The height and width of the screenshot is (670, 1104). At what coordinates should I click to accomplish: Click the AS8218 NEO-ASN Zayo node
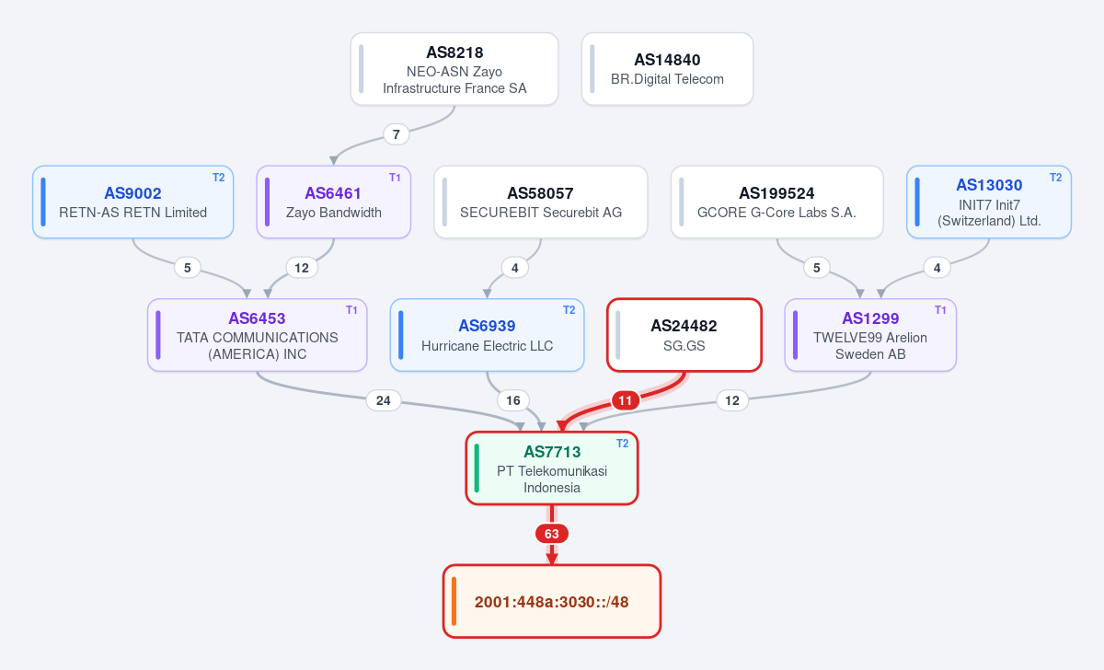454,69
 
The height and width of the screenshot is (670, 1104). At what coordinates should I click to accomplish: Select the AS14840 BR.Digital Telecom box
667,69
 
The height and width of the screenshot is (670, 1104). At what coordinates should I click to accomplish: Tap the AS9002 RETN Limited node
133,202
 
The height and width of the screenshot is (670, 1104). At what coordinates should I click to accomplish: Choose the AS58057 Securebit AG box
541,202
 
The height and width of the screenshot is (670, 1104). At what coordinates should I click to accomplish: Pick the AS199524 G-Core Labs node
776,202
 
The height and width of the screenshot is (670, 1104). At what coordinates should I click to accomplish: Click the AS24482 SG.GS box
684,335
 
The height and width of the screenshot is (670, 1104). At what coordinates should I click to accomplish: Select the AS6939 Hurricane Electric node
487,335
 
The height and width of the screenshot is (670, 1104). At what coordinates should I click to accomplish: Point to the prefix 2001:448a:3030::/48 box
551,602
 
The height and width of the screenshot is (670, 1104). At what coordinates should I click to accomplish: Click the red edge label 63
551,534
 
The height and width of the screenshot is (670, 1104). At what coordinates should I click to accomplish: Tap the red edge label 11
625,400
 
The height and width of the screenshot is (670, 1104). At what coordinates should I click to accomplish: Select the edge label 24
384,400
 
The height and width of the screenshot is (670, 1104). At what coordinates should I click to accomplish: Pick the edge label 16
513,400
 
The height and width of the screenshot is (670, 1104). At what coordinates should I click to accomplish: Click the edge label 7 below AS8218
397,134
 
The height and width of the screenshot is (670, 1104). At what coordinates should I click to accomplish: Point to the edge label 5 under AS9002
188,268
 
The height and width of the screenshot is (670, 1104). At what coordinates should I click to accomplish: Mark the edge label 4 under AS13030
937,268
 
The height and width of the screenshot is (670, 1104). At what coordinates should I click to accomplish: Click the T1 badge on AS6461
395,178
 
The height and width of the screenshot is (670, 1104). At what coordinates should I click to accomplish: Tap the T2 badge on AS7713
623,444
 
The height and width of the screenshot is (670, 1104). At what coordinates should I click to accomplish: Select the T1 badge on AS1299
940,310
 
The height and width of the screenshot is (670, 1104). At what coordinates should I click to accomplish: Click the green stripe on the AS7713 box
477,468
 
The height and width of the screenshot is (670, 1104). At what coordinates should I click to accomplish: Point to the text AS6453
257,318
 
